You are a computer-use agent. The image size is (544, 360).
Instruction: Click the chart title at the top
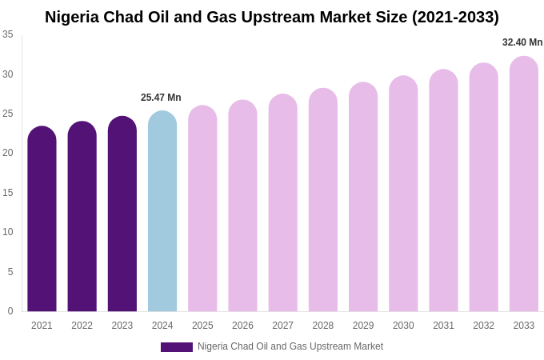pos(272,17)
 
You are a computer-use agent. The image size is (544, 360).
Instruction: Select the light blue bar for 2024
pos(162,212)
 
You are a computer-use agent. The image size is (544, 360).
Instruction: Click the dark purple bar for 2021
pos(42,219)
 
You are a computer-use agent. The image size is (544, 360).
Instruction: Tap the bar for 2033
pos(524,184)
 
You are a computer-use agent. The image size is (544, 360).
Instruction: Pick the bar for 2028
pos(323,200)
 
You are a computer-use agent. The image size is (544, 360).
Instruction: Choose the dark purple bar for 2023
pos(122,214)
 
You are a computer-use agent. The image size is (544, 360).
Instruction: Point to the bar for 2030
pos(403,194)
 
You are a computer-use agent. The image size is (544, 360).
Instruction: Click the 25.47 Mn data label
pos(161,98)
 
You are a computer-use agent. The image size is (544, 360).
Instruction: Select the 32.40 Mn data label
pos(522,42)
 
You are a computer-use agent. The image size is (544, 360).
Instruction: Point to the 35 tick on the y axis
pos(8,34)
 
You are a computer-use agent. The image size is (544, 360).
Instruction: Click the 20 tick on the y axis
pos(8,153)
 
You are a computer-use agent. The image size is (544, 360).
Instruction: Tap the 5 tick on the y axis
pos(10,272)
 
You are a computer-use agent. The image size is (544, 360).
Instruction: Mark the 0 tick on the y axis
pos(10,311)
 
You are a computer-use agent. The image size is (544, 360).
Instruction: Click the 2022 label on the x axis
pos(82,326)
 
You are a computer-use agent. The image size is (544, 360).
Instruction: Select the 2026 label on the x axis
pos(242,326)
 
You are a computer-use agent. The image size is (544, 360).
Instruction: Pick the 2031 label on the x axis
pos(443,326)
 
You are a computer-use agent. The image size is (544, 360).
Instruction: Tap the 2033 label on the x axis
pos(524,326)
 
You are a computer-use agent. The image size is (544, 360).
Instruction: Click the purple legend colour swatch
pos(177,347)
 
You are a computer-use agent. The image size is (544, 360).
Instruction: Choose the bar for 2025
pos(202,209)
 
